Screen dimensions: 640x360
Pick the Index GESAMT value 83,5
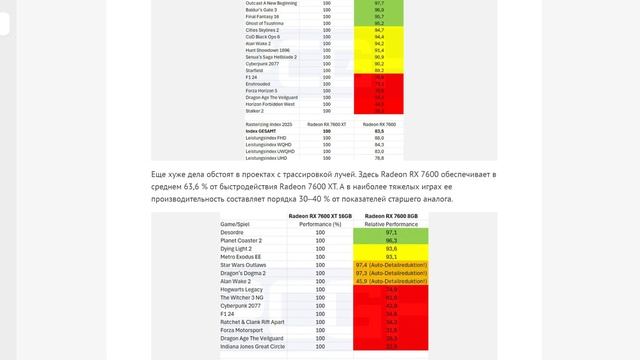pos(378,131)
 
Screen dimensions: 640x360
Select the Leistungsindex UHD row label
pos(246,158)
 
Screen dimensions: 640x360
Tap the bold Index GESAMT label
pos(238,131)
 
